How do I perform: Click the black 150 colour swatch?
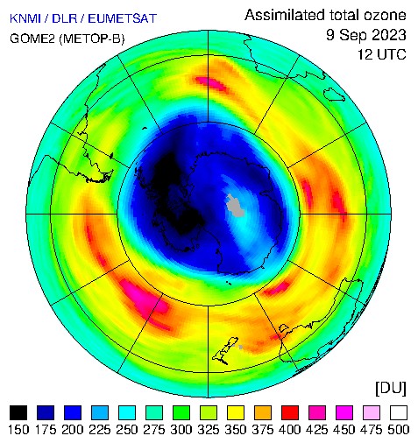[x=18, y=412]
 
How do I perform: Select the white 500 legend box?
[x=399, y=412]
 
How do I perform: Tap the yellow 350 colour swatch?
[x=236, y=412]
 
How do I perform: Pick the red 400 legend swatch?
[x=290, y=412]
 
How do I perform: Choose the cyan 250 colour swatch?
[x=127, y=412]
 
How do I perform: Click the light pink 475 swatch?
[x=372, y=412]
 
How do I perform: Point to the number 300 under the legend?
[x=181, y=430]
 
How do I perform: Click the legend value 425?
[x=317, y=430]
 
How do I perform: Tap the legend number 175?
[x=46, y=430]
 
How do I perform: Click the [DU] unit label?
[x=391, y=389]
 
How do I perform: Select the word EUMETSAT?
[x=123, y=18]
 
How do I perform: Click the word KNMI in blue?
[x=25, y=18]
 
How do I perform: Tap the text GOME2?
[x=32, y=39]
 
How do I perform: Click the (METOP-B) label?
[x=92, y=39]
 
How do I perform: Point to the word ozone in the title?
[x=385, y=15]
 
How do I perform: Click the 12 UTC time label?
[x=382, y=54]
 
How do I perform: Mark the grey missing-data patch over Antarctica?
[x=236, y=206]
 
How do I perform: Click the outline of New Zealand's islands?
[x=225, y=350]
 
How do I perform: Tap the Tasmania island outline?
[x=335, y=95]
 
